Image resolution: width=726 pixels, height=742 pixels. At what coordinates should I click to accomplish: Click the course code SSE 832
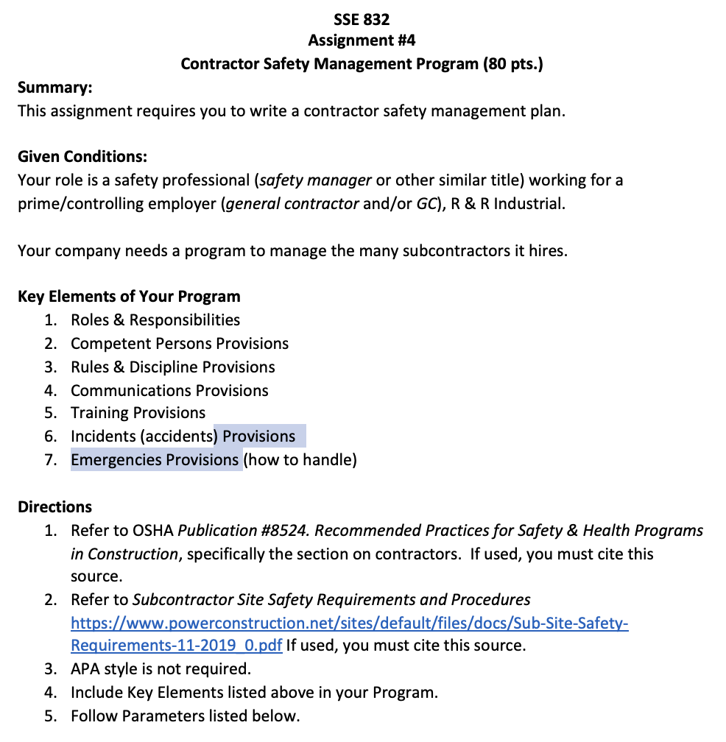click(x=362, y=18)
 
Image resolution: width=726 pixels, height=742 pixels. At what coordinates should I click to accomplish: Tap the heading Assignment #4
click(x=362, y=40)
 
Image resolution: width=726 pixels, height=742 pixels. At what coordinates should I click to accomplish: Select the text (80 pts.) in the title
click(x=513, y=63)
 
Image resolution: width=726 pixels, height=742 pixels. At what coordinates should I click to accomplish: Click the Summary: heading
click(x=55, y=88)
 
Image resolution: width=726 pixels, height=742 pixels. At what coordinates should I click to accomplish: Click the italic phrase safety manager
click(x=316, y=180)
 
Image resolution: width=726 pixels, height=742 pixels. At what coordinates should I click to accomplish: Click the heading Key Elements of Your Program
click(x=129, y=297)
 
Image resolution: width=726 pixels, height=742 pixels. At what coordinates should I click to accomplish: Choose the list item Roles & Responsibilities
click(x=155, y=320)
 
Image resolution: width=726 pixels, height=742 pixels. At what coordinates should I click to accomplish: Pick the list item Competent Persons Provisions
click(x=180, y=344)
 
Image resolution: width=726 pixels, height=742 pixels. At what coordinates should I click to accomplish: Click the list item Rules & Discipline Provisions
click(x=173, y=367)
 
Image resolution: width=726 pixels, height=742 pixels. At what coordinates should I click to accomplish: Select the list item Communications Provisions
click(x=169, y=391)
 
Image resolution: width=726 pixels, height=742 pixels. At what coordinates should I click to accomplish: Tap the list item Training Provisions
click(x=138, y=413)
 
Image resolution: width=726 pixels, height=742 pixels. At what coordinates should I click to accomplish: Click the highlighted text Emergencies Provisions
click(x=155, y=460)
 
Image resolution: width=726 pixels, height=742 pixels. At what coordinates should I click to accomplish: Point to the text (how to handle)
click(x=300, y=460)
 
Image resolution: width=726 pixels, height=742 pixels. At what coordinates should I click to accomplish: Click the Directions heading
click(x=55, y=507)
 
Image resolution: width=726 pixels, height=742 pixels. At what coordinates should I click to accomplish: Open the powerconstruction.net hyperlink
click(x=349, y=624)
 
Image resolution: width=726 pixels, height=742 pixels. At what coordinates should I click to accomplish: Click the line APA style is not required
click(x=161, y=669)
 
